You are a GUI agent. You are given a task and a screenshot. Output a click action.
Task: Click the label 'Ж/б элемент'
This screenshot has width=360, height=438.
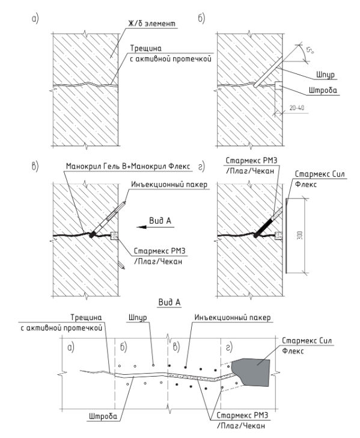[x=152, y=23]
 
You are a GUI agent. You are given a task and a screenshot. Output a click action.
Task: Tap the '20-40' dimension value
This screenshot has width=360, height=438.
[x=297, y=108]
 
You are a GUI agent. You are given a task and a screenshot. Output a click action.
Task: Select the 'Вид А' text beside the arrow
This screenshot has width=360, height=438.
[x=160, y=221]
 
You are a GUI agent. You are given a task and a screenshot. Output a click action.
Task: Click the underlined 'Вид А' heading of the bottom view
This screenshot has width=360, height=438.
[x=169, y=302]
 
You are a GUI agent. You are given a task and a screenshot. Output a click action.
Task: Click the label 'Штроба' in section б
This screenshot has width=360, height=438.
[x=323, y=90]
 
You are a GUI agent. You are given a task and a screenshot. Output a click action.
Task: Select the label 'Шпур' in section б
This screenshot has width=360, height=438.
[x=325, y=75]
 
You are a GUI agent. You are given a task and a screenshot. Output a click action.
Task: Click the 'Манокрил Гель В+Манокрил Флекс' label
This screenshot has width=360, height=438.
[x=128, y=166]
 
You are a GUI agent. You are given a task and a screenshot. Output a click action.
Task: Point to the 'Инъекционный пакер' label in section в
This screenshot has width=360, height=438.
[x=169, y=184]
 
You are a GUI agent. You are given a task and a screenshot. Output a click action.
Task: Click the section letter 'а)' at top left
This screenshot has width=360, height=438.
[x=35, y=19]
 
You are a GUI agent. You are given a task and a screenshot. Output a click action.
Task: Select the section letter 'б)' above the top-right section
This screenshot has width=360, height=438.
[x=201, y=19]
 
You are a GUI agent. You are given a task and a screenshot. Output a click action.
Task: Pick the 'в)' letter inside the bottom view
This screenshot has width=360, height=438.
[x=176, y=347]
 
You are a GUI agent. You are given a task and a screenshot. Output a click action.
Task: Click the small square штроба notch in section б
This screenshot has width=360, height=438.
[x=278, y=85]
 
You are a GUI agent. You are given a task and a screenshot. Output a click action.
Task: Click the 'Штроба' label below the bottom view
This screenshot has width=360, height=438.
[x=103, y=416]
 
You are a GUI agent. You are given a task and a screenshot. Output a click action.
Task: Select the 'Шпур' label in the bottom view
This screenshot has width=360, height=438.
[x=138, y=318]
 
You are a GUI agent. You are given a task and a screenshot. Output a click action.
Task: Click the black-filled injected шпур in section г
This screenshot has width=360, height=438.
[x=263, y=227]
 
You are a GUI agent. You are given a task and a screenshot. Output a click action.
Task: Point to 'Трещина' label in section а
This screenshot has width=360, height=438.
[x=145, y=48]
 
